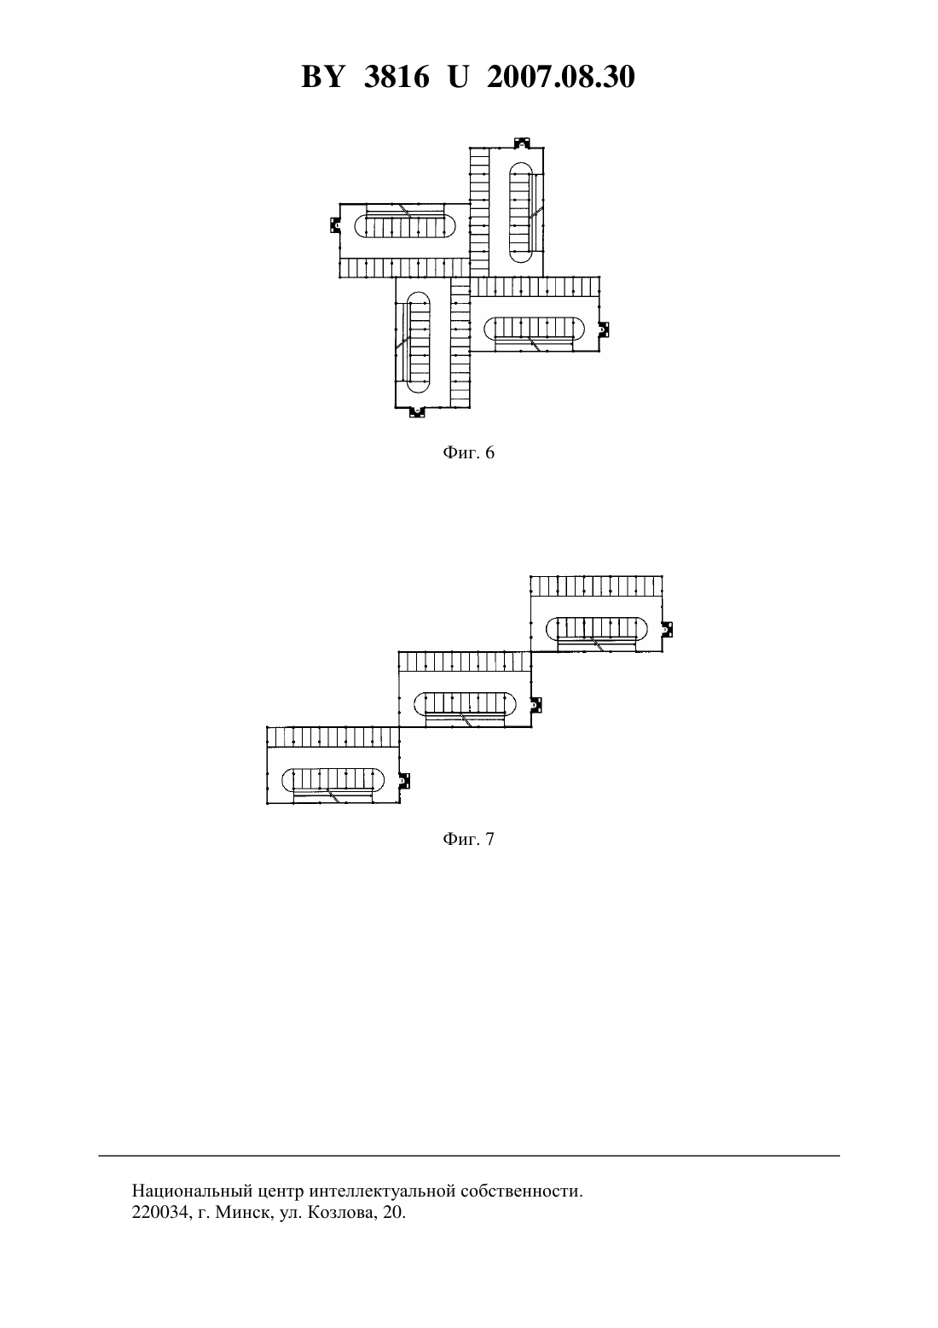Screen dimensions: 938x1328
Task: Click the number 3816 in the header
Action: (x=397, y=77)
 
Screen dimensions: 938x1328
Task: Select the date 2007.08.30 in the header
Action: (x=561, y=77)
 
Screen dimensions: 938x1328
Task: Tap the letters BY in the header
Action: (x=322, y=77)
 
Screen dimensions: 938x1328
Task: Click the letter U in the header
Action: (x=458, y=77)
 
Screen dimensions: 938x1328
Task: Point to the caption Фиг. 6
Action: (x=468, y=453)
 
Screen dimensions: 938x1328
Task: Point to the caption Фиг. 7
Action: (x=468, y=839)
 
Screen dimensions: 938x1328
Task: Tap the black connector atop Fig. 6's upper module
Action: (x=521, y=143)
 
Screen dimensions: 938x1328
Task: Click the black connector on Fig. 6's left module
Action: (x=334, y=225)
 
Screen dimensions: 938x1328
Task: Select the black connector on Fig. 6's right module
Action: (x=605, y=328)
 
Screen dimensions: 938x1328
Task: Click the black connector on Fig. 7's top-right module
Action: (x=668, y=629)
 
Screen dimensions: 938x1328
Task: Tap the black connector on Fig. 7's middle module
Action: (x=536, y=705)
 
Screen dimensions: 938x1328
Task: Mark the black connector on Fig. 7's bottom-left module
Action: (x=405, y=781)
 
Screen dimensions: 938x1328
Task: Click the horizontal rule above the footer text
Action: (x=469, y=1156)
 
